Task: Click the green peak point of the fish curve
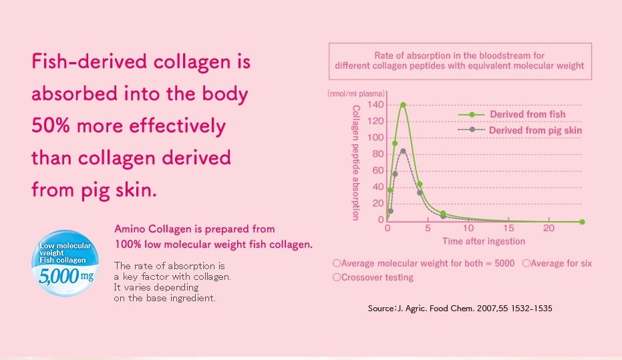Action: click(403, 105)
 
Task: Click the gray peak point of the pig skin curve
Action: click(403, 151)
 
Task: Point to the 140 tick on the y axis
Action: click(375, 105)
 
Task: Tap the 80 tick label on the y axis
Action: click(378, 154)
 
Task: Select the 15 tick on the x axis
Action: click(508, 228)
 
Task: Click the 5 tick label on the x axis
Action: click(428, 228)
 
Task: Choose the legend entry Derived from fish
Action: click(512, 114)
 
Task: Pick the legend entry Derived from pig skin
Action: click(520, 130)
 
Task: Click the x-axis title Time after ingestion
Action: click(484, 241)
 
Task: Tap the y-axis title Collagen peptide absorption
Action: click(356, 162)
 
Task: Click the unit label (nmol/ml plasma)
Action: click(356, 94)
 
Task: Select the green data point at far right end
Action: click(582, 222)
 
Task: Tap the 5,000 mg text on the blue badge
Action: click(66, 276)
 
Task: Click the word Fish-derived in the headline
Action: click(90, 61)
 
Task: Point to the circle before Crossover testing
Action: click(337, 277)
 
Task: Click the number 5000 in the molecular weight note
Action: click(504, 263)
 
